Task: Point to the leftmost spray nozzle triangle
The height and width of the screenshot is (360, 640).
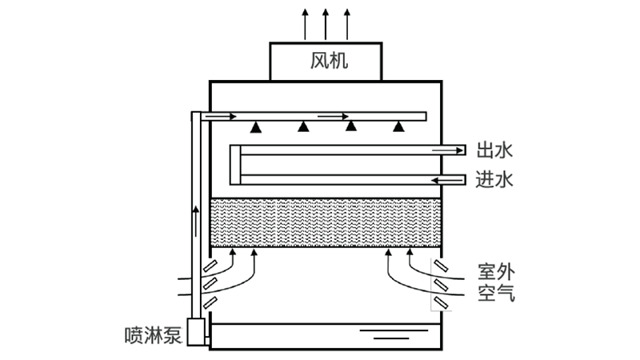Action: click(255, 126)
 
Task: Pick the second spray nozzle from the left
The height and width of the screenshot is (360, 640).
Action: click(303, 126)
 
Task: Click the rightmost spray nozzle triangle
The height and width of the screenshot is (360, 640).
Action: click(398, 126)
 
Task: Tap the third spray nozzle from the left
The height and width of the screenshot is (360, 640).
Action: click(350, 125)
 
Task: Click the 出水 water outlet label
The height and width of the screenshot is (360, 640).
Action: click(494, 150)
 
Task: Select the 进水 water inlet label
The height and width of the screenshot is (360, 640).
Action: click(494, 179)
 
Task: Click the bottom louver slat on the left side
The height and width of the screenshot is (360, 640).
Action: click(210, 302)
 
